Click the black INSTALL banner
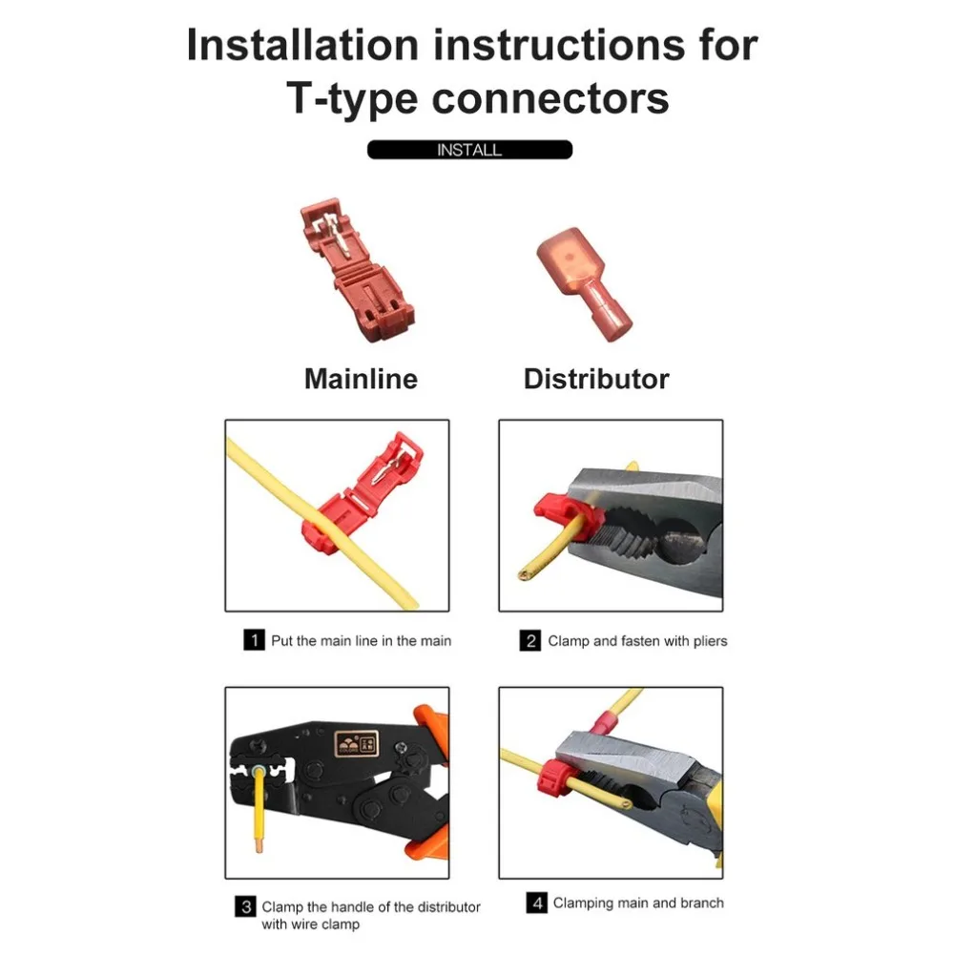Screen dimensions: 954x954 pyautogui.click(x=469, y=150)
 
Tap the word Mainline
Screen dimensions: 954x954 pyautogui.click(x=361, y=379)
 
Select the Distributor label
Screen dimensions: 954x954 pyautogui.click(x=596, y=379)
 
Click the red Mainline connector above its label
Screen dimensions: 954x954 pyautogui.click(x=356, y=269)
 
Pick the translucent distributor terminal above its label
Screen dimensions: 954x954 pyautogui.click(x=583, y=283)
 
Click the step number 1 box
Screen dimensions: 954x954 pyautogui.click(x=255, y=640)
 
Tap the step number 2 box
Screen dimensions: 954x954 pyautogui.click(x=529, y=641)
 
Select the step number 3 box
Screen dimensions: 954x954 pyautogui.click(x=245, y=906)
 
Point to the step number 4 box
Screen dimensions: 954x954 pyautogui.click(x=536, y=902)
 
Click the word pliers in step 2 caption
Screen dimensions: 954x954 pyautogui.click(x=710, y=641)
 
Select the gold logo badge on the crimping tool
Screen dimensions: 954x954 pyautogui.click(x=357, y=743)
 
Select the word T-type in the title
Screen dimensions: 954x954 pyautogui.click(x=352, y=99)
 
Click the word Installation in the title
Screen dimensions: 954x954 pyautogui.click(x=302, y=45)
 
